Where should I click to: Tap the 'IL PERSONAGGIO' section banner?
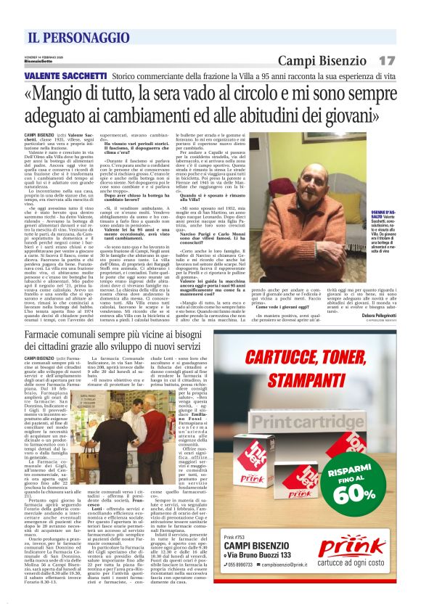coord(70,37)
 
